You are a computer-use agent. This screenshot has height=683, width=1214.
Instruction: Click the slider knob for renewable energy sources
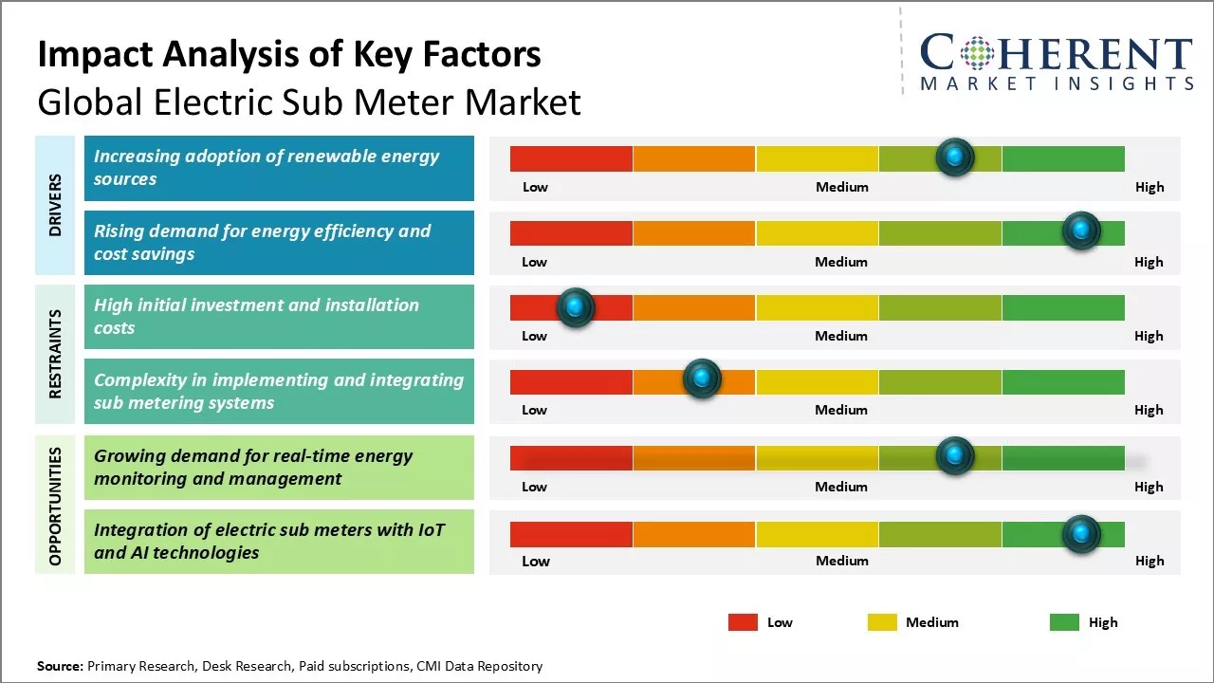tap(955, 157)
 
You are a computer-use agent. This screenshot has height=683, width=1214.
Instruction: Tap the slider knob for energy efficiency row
tap(1080, 231)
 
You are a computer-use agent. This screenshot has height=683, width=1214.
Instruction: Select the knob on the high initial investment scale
tap(575, 307)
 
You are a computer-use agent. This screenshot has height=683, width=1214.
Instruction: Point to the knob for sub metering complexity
tap(702, 379)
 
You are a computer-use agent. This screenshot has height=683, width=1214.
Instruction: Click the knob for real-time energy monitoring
tap(955, 455)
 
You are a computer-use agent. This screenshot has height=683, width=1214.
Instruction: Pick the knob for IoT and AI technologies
tap(1080, 534)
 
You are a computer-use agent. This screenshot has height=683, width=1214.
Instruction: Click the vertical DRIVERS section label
tap(55, 204)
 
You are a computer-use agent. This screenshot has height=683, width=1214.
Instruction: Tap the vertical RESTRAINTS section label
tap(55, 354)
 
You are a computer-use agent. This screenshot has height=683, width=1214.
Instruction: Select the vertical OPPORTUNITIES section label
tap(55, 506)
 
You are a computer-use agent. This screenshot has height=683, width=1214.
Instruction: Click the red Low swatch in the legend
tap(743, 622)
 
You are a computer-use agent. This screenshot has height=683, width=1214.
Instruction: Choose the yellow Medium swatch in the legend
tap(882, 622)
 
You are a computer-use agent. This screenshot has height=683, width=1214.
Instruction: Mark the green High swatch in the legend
tap(1064, 622)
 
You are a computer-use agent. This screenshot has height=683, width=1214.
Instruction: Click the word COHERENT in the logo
tap(1057, 54)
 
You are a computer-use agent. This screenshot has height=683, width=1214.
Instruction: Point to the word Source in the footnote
tap(60, 666)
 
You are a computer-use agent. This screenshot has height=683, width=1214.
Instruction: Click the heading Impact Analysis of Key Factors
tap(289, 55)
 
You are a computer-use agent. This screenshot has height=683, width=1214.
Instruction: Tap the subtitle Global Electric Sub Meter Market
tap(309, 102)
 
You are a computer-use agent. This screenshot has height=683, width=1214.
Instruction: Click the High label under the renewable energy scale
tap(1150, 187)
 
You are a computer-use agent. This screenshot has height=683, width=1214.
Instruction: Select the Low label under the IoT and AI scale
tap(535, 561)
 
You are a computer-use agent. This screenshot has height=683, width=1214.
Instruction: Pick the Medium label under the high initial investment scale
tap(841, 336)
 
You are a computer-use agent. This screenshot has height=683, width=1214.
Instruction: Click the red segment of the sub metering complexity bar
tap(571, 382)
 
